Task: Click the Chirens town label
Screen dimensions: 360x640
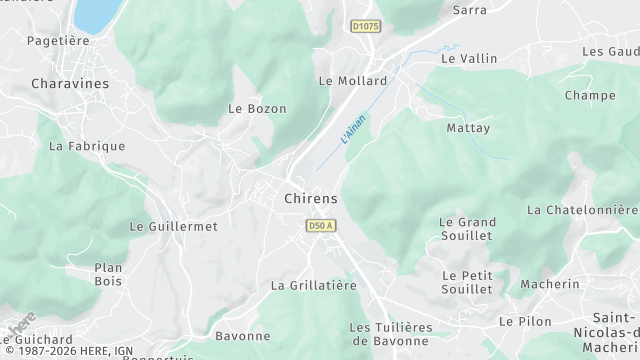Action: (x=311, y=198)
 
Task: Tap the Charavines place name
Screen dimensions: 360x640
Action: (x=70, y=84)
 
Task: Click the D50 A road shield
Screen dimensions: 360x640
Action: (x=320, y=226)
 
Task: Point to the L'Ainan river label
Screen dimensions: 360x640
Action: (x=353, y=130)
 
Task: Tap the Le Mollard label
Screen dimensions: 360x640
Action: (x=352, y=81)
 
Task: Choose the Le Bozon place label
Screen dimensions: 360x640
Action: (x=257, y=108)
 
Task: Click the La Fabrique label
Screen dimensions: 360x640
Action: (x=87, y=146)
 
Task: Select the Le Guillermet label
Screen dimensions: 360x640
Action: (x=173, y=227)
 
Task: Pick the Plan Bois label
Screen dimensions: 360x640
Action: (x=108, y=274)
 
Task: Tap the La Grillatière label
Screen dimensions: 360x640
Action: (x=313, y=286)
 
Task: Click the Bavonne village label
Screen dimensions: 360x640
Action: (x=243, y=336)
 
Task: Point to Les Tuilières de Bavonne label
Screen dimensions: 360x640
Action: (x=390, y=334)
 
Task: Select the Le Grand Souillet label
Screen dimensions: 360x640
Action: (x=466, y=228)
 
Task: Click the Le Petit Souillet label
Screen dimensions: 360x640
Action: (x=467, y=282)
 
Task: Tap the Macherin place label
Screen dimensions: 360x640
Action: (x=550, y=284)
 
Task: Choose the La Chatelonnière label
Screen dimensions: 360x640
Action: (x=581, y=210)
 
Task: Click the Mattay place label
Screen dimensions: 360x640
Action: (x=468, y=129)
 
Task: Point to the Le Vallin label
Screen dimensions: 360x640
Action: (x=469, y=59)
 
